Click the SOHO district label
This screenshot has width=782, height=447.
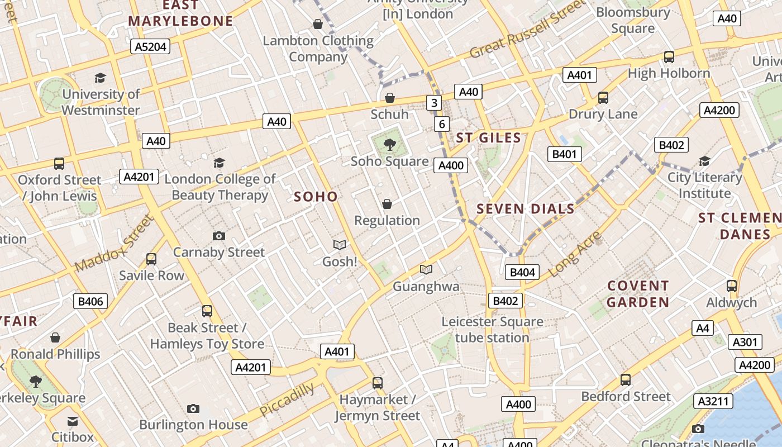tap(316, 196)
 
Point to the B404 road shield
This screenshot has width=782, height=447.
tap(522, 272)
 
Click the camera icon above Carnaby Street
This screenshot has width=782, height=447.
tap(219, 236)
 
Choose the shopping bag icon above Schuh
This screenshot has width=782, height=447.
tap(390, 98)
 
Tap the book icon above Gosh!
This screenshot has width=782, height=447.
tap(339, 245)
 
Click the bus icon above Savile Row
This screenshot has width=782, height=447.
tap(151, 259)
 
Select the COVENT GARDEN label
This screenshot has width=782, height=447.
tap(638, 294)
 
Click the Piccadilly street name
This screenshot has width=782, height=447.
tap(287, 400)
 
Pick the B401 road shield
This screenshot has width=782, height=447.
tap(564, 154)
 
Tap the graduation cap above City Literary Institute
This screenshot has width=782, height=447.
tap(705, 161)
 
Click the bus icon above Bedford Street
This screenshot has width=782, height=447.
tap(626, 380)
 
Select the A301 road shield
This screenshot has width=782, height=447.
tap(745, 342)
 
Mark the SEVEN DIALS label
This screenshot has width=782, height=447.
tap(525, 209)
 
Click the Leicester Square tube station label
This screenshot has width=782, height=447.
tap(492, 330)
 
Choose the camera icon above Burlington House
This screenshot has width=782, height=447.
tap(193, 408)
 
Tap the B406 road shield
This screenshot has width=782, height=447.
tap(90, 302)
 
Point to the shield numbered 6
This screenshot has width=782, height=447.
tap(442, 124)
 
